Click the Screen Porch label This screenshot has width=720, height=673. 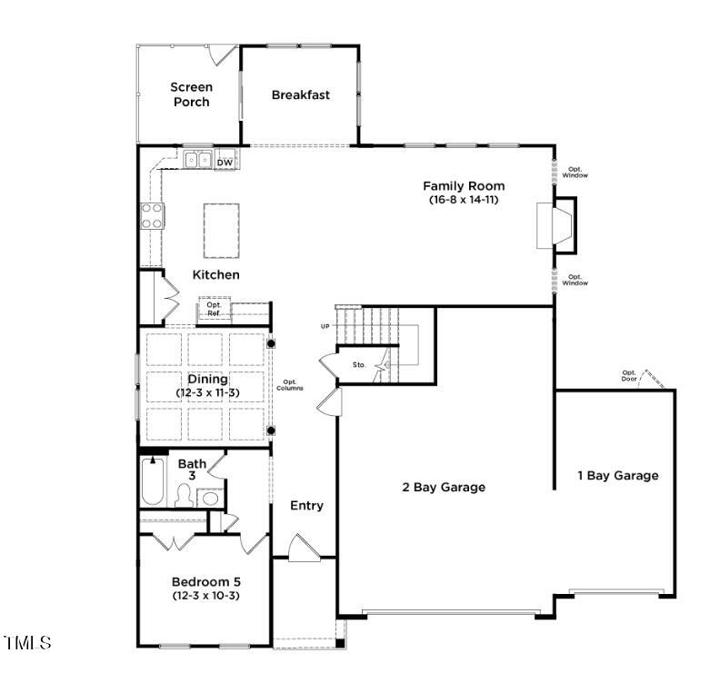click(x=191, y=94)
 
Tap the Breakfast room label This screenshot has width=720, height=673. click(x=300, y=94)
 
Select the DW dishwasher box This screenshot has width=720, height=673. click(x=225, y=162)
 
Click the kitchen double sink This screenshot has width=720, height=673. click(x=198, y=161)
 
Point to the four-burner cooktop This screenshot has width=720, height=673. click(x=151, y=217)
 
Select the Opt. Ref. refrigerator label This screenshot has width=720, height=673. click(x=214, y=310)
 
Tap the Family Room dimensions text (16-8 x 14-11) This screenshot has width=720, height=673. click(x=464, y=200)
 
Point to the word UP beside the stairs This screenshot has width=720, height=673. click(x=325, y=326)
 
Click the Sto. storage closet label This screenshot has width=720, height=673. click(x=359, y=365)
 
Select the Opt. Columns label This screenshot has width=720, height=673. click(x=290, y=385)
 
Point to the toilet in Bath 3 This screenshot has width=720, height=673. click(x=184, y=496)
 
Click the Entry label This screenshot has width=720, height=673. click(x=306, y=506)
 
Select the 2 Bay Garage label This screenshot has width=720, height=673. click(x=444, y=487)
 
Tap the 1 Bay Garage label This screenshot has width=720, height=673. click(x=618, y=475)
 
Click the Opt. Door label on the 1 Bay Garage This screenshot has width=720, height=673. click(x=628, y=374)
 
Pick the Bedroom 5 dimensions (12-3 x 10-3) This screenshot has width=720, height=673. click(x=206, y=596)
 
